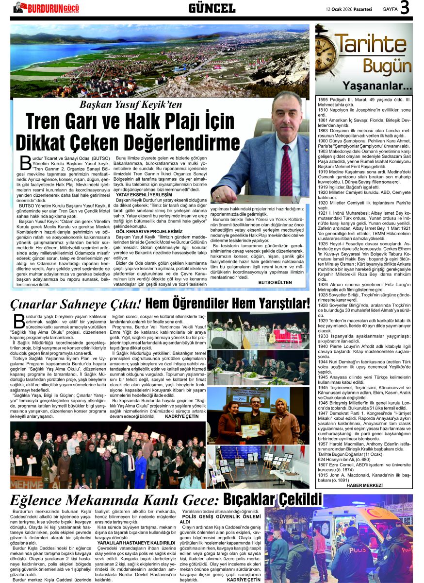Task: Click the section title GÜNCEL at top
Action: tap(212, 8)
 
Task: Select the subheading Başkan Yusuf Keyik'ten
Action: tap(131, 105)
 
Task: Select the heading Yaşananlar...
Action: tap(377, 86)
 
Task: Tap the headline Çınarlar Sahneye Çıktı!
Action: tap(76, 304)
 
